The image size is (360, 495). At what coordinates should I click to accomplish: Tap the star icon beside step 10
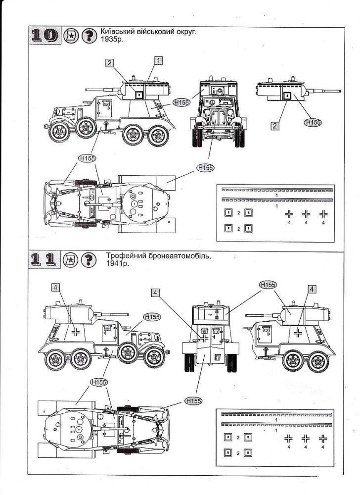(x=71, y=36)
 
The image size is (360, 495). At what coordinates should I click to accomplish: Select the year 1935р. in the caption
(x=112, y=41)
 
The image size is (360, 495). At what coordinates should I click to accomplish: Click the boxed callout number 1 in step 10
(x=158, y=60)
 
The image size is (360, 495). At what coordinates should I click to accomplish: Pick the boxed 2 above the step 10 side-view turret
(x=109, y=63)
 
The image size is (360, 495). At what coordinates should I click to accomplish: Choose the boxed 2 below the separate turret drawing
(x=274, y=126)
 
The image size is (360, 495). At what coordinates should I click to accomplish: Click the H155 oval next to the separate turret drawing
(x=313, y=122)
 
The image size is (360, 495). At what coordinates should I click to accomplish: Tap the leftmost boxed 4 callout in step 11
(x=56, y=287)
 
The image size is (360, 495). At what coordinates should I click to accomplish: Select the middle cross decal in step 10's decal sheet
(x=307, y=214)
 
